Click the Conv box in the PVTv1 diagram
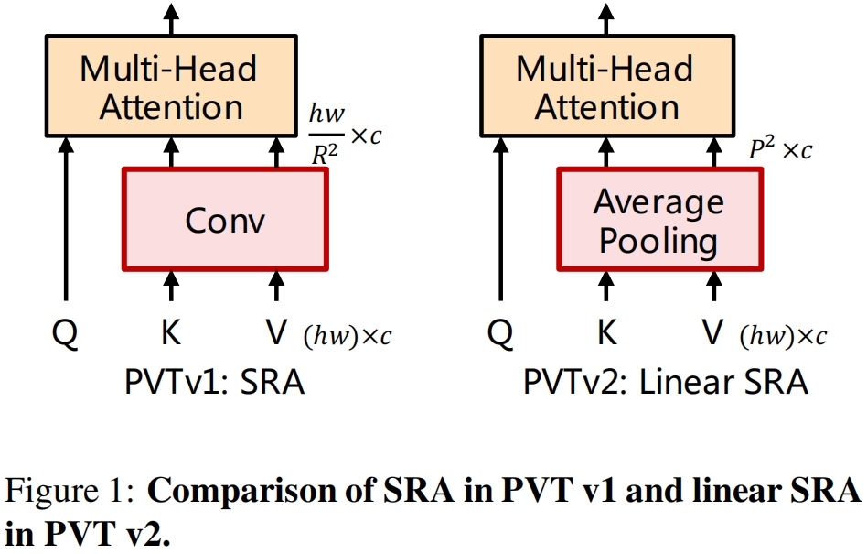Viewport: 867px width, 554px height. point(224,220)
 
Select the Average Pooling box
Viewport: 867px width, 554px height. point(658,220)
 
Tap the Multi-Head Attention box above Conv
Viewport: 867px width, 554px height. point(171,87)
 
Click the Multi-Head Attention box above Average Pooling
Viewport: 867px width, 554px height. point(606,87)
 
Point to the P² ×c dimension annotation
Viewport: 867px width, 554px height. point(779,149)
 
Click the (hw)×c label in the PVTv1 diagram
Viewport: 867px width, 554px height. point(347,337)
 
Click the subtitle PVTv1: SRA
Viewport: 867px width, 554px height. point(214,382)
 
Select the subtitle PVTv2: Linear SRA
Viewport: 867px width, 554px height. point(666,382)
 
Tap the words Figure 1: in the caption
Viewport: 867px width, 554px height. point(71,493)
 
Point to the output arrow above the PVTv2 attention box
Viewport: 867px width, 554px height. point(606,16)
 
